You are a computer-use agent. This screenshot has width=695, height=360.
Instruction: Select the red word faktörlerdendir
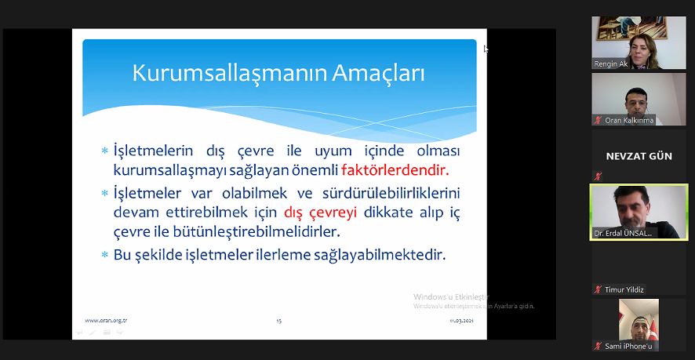pos(400,169)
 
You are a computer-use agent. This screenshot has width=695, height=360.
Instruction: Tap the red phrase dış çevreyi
pos(320,212)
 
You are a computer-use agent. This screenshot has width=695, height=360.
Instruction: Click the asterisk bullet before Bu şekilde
pos(104,256)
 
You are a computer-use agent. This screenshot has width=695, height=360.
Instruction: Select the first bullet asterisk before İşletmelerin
pos(104,151)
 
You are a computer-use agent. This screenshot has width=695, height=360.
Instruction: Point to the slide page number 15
pos(278,320)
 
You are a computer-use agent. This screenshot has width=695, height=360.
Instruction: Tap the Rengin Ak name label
pos(612,64)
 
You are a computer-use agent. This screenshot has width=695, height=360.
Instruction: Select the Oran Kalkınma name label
pos(629,120)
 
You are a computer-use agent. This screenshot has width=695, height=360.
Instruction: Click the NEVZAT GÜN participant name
pos(639,156)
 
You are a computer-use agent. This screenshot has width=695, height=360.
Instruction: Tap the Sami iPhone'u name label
pos(628,346)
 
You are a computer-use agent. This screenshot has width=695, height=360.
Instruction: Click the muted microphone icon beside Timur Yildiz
pos(598,289)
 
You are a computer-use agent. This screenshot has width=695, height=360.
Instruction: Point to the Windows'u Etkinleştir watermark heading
pos(451,297)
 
